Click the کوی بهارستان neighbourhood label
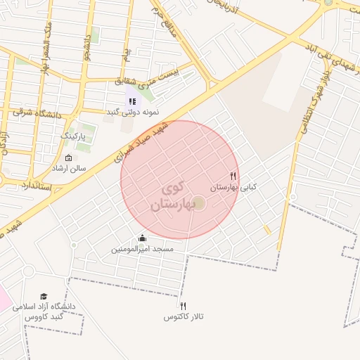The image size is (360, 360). click(x=172, y=198)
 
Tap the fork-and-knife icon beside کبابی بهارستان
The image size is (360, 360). click(x=233, y=176)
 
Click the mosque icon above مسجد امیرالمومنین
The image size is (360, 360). click(x=143, y=238)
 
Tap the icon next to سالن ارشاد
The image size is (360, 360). click(x=67, y=157)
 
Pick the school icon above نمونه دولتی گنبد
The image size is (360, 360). click(x=132, y=101)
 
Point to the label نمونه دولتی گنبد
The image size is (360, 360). click(x=132, y=112)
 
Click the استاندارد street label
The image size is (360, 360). click(x=35, y=186)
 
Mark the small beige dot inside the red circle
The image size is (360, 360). click(x=199, y=203)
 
